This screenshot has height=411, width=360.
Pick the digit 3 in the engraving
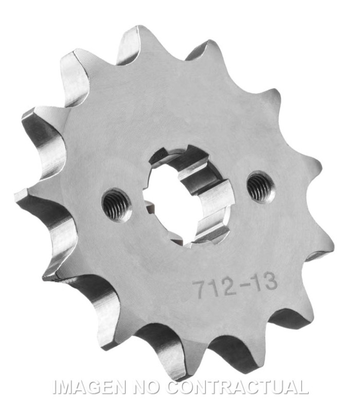271,281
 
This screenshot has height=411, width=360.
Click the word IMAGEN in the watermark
89,387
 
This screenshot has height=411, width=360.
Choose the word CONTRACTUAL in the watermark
238,387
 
